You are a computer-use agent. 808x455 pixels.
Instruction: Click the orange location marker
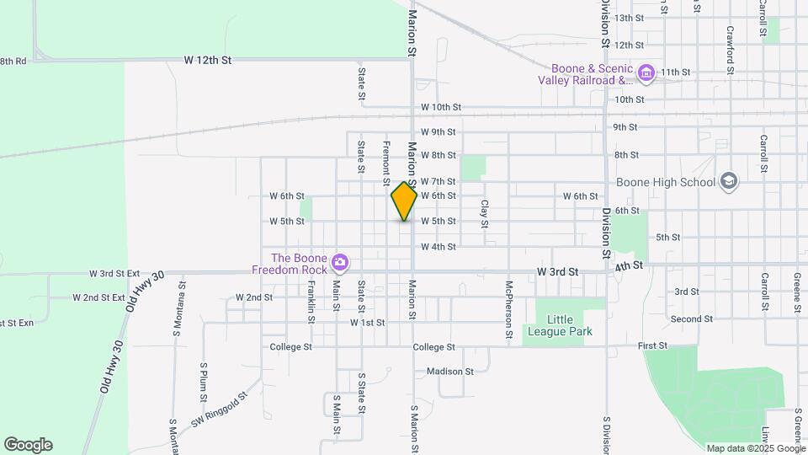tap(405, 201)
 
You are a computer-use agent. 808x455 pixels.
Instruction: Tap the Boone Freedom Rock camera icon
tap(340, 263)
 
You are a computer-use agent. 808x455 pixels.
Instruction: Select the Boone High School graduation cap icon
tap(728, 181)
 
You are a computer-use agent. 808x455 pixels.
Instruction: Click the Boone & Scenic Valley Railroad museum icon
tap(646, 74)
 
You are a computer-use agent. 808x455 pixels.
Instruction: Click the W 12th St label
tap(208, 61)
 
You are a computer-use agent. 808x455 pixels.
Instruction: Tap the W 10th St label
tap(441, 108)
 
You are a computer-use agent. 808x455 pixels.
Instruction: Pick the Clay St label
tap(485, 214)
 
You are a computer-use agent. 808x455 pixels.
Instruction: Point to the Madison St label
tap(450, 372)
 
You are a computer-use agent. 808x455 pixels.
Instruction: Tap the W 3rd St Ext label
tap(115, 274)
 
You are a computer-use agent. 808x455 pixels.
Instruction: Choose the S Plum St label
tap(204, 382)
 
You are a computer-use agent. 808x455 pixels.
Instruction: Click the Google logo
tap(28, 445)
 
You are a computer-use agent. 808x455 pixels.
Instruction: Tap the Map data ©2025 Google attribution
tap(755, 448)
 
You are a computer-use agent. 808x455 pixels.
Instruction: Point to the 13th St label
tap(629, 18)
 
